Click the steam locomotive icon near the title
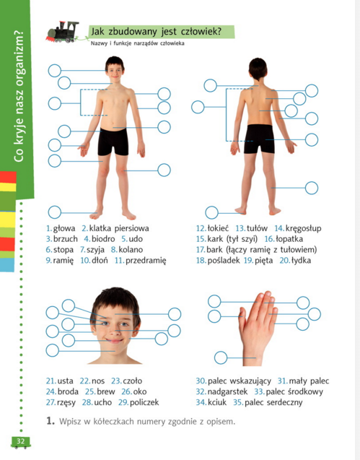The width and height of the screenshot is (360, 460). tap(63, 32)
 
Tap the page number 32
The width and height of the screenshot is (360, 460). tap(20, 441)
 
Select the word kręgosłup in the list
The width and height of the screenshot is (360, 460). tap(304, 228)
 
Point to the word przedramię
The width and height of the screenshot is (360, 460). tap(146, 261)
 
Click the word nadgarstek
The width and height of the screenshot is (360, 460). tap(227, 392)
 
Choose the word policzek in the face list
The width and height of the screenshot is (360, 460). tap(144, 402)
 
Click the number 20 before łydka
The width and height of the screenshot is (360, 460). tap(284, 261)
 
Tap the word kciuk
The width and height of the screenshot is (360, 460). tap(217, 402)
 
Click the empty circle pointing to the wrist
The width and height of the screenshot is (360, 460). tap(221, 357)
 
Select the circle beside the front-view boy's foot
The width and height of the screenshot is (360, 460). tap(55, 212)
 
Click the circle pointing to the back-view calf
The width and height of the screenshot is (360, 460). tap(312, 188)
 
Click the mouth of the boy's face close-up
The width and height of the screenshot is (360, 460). tap(114, 341)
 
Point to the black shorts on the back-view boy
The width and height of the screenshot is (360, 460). tap(259, 139)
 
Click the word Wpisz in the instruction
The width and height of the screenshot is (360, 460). tap(71, 422)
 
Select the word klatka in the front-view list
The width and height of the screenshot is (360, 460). tap(100, 228)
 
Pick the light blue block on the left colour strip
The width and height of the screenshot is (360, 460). tap(7, 264)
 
